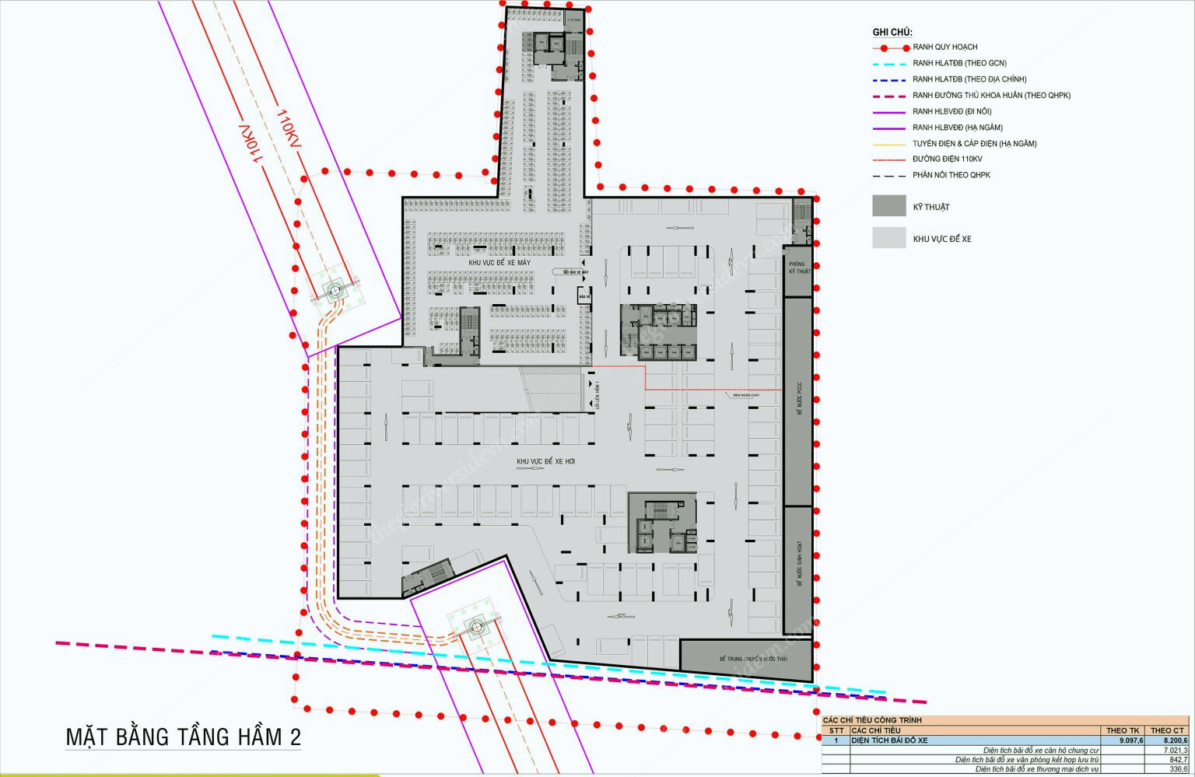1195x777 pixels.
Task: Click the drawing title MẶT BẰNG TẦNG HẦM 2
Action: click(183, 737)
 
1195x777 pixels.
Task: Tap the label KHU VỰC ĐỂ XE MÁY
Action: click(499, 263)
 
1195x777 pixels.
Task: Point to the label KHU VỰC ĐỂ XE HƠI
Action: click(545, 462)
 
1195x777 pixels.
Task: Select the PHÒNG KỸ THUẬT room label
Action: click(798, 268)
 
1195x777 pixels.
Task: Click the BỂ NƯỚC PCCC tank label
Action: click(798, 401)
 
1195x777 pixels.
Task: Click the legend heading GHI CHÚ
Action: click(892, 32)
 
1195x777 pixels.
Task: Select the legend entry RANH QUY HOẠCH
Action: click(944, 47)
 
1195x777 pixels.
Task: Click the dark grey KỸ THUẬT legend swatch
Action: click(888, 206)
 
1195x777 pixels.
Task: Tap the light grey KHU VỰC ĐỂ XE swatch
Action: click(888, 238)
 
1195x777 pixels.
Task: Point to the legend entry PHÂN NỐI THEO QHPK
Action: click(951, 175)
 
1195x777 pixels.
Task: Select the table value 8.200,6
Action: click(1174, 740)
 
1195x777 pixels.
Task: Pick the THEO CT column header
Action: click(1167, 730)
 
